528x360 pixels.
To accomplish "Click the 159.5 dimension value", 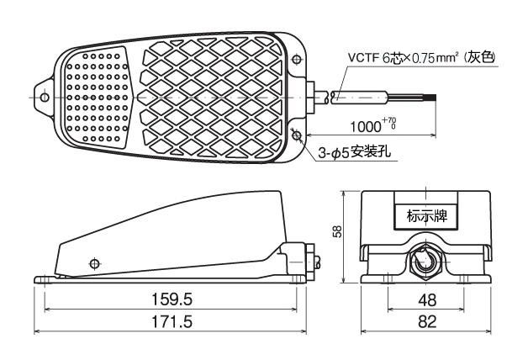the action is [172, 299].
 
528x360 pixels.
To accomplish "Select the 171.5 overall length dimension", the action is [172, 321].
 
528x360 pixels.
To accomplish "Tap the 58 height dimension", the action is [337, 231].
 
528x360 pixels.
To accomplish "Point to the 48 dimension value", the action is [427, 299].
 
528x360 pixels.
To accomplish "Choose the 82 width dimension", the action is [427, 321].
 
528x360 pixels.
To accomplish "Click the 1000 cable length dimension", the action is [366, 127].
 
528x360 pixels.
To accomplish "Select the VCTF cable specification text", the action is [421, 57].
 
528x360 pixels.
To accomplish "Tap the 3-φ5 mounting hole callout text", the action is [355, 152].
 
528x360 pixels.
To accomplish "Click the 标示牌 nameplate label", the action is [427, 215].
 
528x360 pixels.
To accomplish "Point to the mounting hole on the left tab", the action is [45, 98].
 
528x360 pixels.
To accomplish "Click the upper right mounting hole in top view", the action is [296, 60].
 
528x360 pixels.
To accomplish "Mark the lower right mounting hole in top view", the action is [296, 135].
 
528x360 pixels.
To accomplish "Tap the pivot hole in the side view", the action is [95, 263].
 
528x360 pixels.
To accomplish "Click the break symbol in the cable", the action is [328, 98].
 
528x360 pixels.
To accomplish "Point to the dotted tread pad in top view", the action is [98, 98].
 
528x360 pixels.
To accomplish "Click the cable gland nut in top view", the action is [309, 98].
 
